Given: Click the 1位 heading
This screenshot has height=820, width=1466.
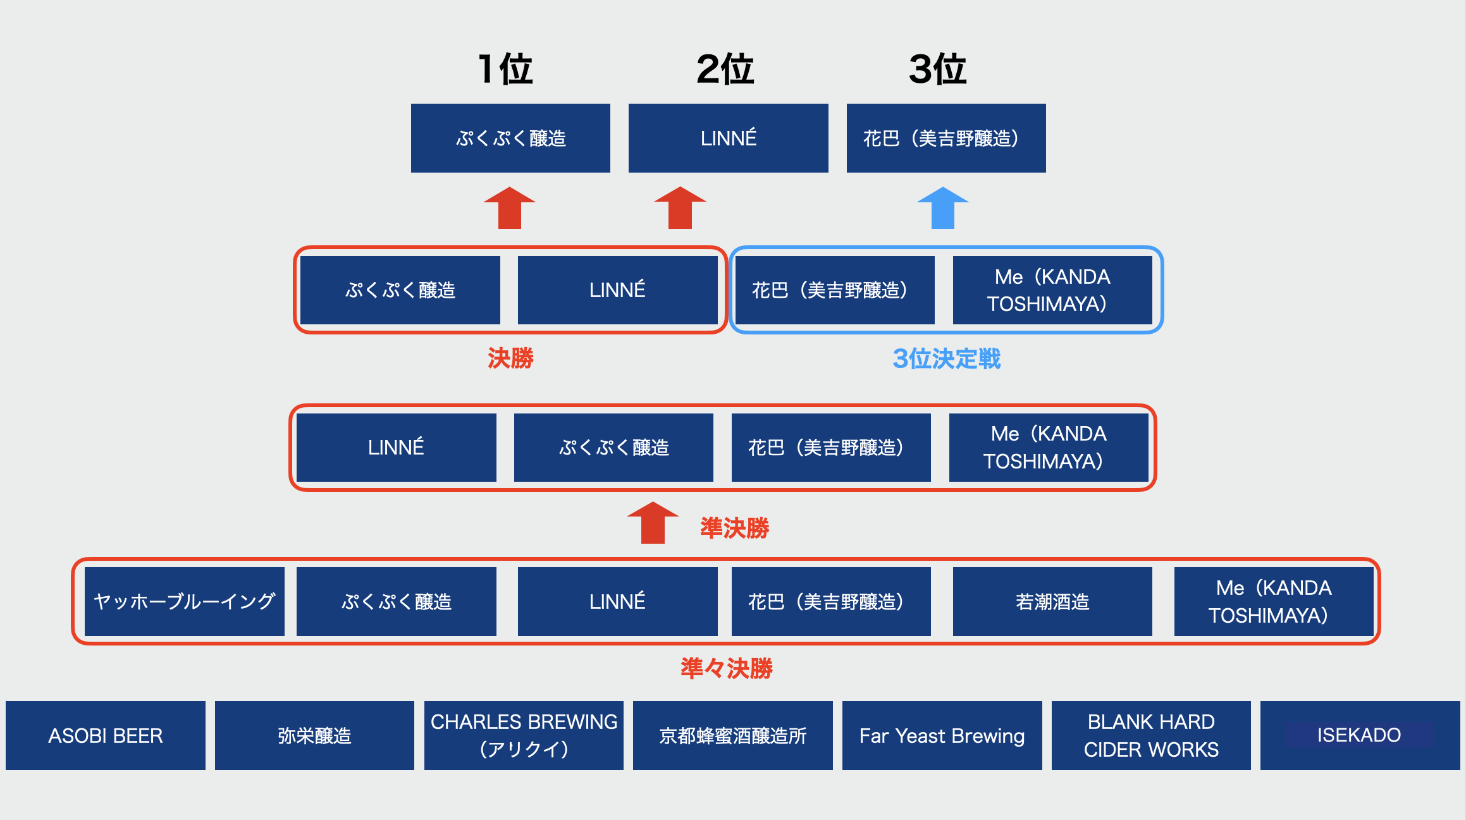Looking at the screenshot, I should pos(505,69).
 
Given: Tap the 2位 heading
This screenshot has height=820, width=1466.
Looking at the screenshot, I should pos(725,69).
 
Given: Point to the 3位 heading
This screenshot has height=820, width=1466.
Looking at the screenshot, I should pos(937,69).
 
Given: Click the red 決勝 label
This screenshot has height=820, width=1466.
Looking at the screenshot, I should pos(510,358).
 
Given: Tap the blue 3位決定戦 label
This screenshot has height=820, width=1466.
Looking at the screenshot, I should pos(946,358).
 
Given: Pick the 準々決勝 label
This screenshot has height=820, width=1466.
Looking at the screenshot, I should pos(727,668).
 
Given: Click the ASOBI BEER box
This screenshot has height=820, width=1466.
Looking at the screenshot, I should pos(106,735).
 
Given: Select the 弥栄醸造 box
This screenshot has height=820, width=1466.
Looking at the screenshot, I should pos(314,735).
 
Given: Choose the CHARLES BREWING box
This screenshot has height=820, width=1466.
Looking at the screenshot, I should pos(524,735).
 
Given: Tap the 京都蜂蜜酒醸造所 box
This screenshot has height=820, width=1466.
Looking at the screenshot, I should pos(732,735).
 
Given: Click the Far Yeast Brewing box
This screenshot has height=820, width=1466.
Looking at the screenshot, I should pos(942,735).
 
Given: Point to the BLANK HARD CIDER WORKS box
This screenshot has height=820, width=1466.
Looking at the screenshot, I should pos(1151,735).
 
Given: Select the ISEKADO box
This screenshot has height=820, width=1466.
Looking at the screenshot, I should pos(1360,735).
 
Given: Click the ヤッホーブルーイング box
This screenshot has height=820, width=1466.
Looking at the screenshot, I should pos(184,601).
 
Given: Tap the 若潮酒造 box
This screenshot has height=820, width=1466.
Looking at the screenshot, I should pos(1052,601).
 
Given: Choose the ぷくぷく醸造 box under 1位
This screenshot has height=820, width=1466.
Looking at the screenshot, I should pos(510,138).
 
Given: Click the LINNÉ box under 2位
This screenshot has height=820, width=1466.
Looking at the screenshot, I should pos(728,138).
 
